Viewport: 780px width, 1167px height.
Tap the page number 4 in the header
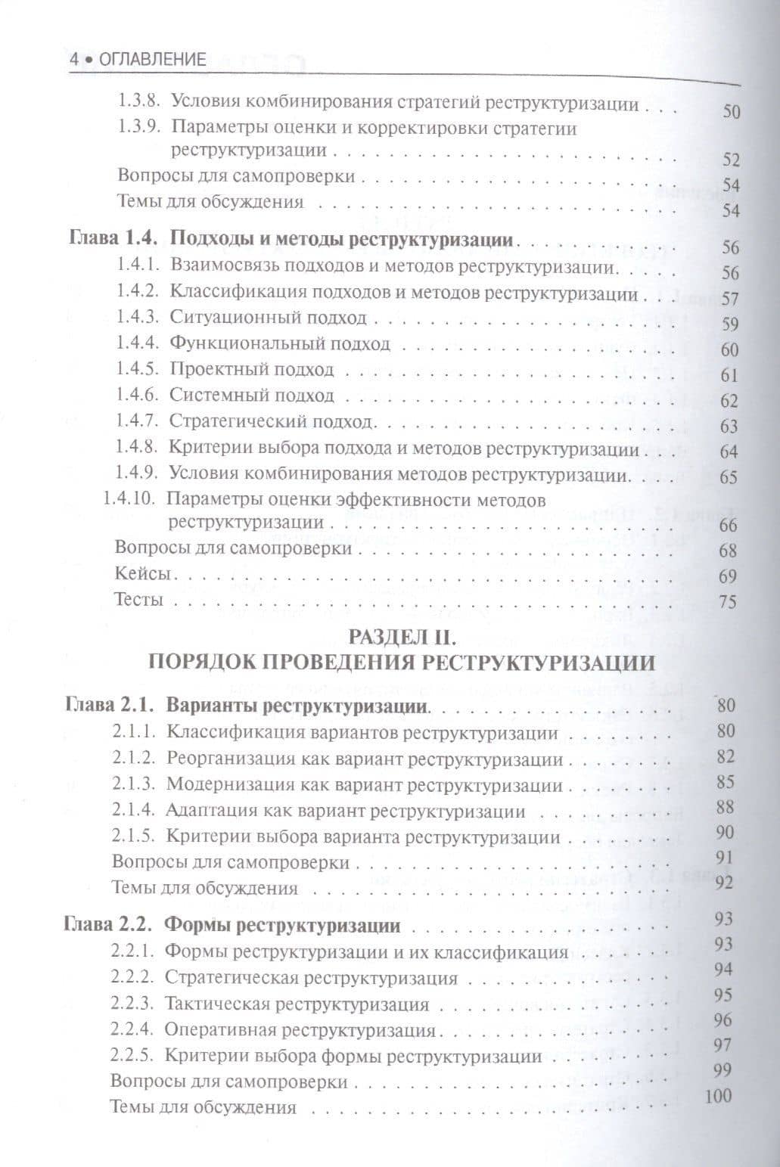(73, 60)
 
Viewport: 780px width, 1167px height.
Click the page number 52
(730, 160)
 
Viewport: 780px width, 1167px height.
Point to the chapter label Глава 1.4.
(113, 241)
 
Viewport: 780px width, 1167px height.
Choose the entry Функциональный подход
(280, 344)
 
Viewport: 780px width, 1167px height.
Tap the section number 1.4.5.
(137, 370)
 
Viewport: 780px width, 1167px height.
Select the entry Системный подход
(251, 396)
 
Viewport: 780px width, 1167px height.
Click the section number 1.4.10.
(129, 500)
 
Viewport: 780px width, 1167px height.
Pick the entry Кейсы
(141, 573)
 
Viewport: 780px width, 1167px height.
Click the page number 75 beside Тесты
(728, 602)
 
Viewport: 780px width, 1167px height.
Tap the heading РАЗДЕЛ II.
(399, 635)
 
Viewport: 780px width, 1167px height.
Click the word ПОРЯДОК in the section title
(197, 663)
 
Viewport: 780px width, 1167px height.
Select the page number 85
(726, 782)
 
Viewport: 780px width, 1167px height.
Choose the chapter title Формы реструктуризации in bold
(282, 926)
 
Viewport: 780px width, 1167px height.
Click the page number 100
(718, 1095)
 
